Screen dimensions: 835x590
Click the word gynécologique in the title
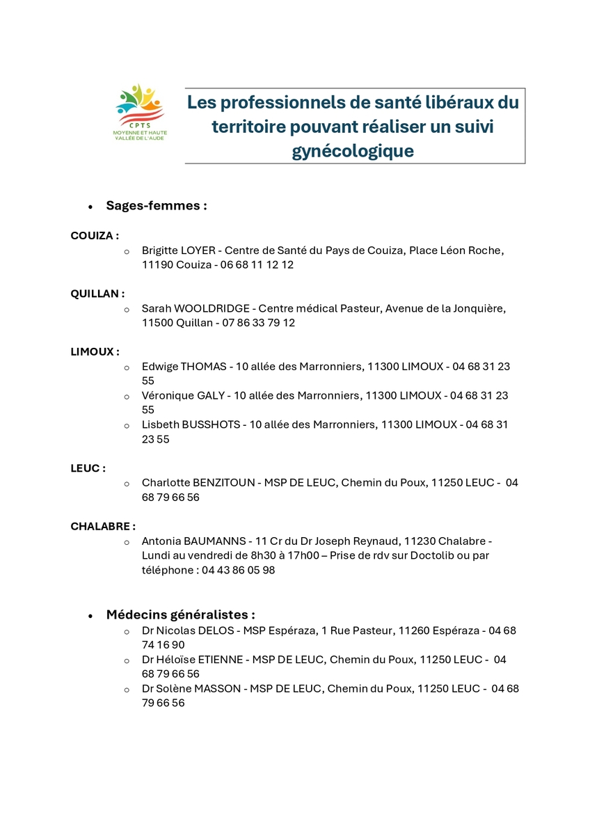click(x=353, y=151)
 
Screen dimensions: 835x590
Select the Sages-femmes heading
click(x=156, y=206)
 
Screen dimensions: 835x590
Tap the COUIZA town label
click(x=95, y=236)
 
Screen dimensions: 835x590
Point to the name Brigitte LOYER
click(x=179, y=250)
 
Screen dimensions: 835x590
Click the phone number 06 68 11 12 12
click(x=257, y=265)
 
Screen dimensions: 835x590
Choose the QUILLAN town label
click(x=97, y=294)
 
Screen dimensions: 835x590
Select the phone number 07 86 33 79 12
click(x=257, y=323)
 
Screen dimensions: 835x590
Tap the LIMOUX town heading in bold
click(x=95, y=352)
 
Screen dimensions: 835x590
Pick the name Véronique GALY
click(x=183, y=395)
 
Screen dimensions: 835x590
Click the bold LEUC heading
click(x=88, y=468)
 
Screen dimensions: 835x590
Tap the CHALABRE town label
click(x=103, y=526)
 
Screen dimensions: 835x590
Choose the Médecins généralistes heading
click(x=180, y=615)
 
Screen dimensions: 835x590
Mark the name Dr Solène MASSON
click(x=191, y=688)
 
